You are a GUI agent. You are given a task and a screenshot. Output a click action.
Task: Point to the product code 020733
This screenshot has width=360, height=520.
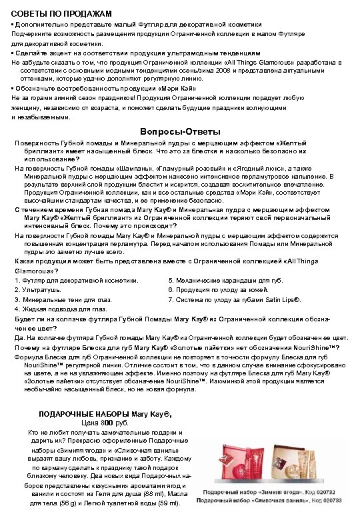339,499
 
